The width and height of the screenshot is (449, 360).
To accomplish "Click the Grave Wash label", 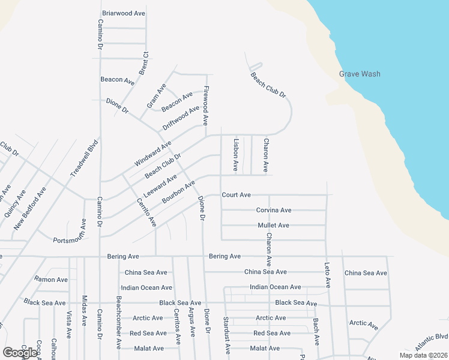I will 360,74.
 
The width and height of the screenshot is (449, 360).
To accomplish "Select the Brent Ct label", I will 143,64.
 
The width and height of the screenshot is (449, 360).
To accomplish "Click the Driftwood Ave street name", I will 181,119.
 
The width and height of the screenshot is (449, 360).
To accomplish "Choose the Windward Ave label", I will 153,153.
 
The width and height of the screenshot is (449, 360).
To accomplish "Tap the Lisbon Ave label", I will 236,155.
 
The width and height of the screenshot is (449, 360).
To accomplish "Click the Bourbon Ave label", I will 178,193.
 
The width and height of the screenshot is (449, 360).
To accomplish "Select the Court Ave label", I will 236,195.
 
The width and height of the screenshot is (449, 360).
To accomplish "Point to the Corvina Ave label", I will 274,210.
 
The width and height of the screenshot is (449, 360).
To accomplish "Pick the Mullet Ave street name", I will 274,225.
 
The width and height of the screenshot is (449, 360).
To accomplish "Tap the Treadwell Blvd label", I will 83,158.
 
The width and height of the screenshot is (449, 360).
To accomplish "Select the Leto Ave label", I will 328,273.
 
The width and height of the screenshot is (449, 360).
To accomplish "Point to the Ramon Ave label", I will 51,280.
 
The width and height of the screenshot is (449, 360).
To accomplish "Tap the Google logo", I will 20,352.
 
